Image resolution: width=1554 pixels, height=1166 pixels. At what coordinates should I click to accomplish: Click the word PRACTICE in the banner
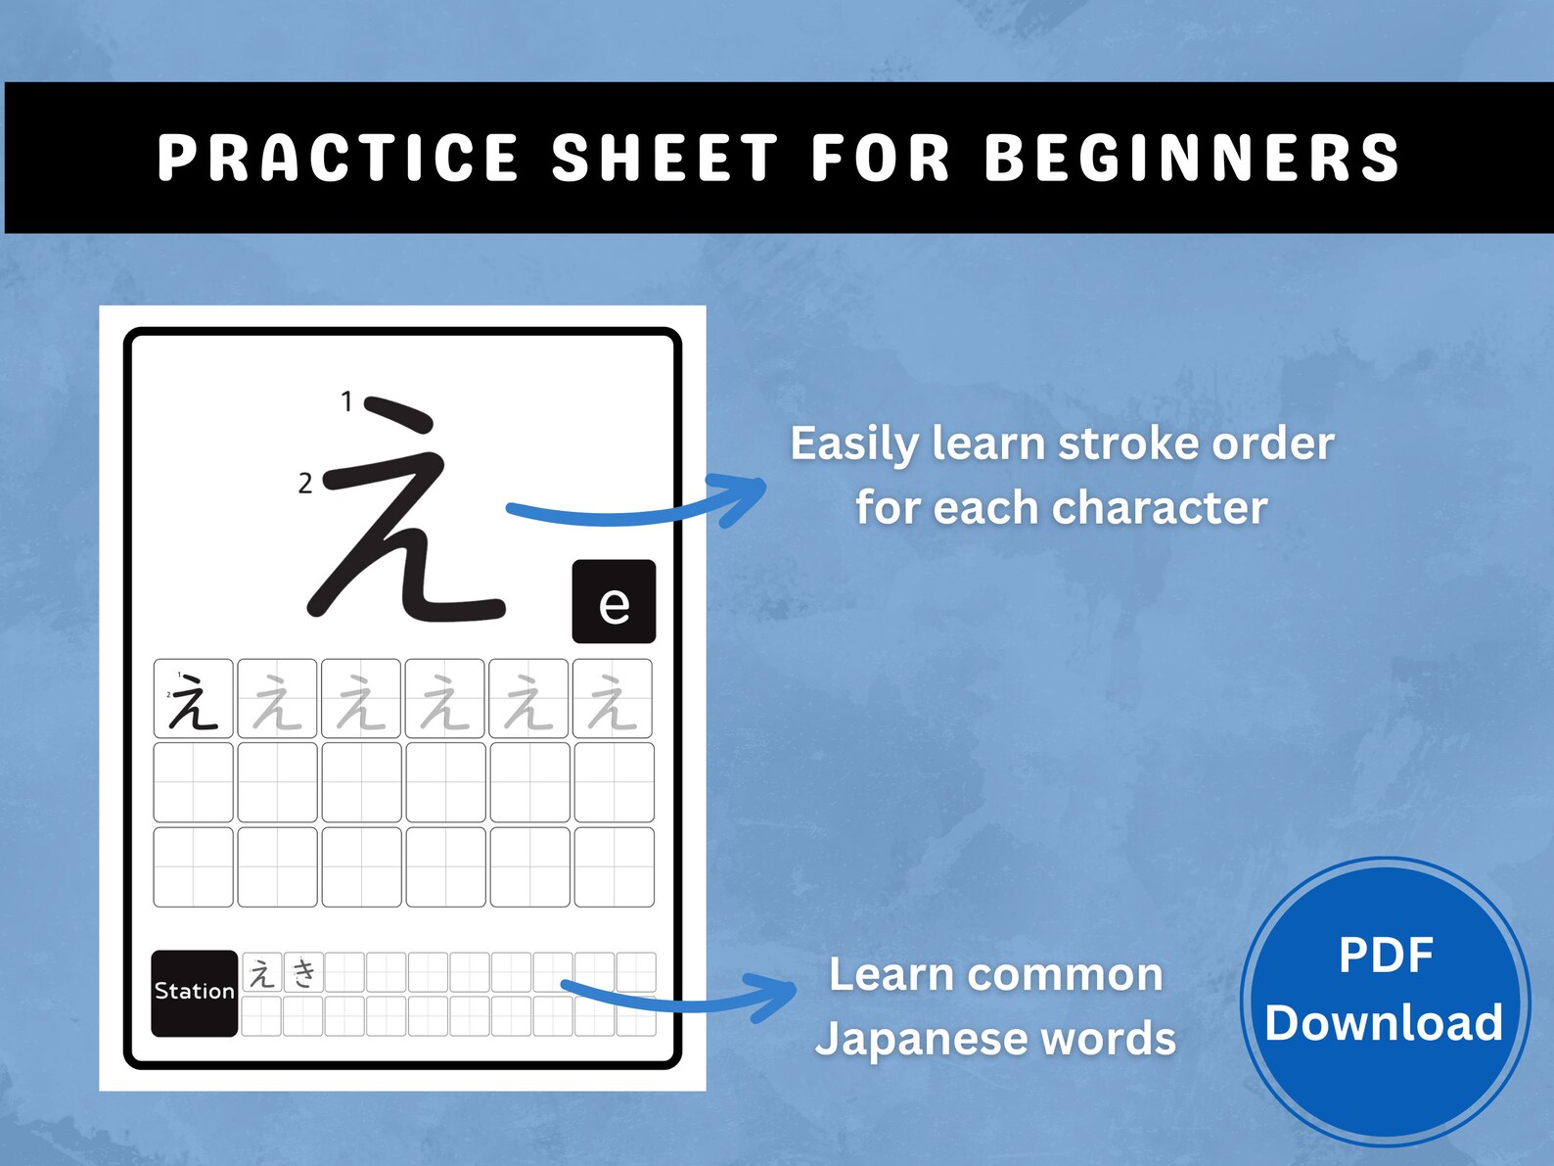pyautogui.click(x=338, y=158)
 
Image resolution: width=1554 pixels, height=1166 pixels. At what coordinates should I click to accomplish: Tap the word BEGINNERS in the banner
pyautogui.click(x=1192, y=158)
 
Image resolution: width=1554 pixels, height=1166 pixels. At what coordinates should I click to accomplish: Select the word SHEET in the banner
pyautogui.click(x=664, y=158)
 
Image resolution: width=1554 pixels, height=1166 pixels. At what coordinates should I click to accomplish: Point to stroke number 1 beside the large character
pyautogui.click(x=346, y=401)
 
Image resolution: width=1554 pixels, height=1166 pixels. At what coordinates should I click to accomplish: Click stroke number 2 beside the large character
pyautogui.click(x=305, y=483)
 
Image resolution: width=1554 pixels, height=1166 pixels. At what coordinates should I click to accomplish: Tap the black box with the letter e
pyautogui.click(x=614, y=602)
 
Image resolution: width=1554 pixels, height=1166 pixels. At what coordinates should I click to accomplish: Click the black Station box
pyautogui.click(x=194, y=992)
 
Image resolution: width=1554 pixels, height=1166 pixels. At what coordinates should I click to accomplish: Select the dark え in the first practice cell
pyautogui.click(x=194, y=701)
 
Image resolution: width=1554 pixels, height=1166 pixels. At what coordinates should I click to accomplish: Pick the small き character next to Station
pyautogui.click(x=305, y=973)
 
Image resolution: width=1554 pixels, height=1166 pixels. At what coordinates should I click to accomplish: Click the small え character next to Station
pyautogui.click(x=262, y=973)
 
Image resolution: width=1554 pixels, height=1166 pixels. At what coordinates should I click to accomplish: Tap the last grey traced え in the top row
pyautogui.click(x=613, y=701)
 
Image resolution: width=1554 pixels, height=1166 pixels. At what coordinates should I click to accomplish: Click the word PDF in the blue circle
pyautogui.click(x=1386, y=956)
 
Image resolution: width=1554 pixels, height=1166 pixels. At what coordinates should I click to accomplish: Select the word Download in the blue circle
pyautogui.click(x=1384, y=1023)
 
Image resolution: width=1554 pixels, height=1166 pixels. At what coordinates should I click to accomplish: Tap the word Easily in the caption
pyautogui.click(x=853, y=444)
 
